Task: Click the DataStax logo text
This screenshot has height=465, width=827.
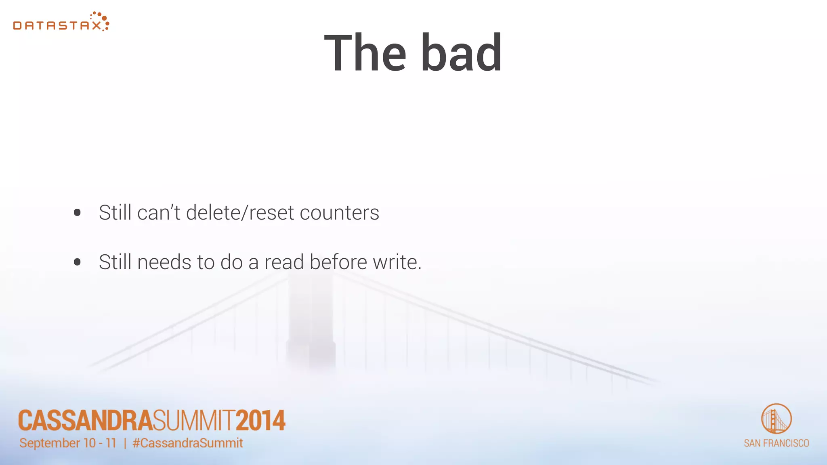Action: point(57,26)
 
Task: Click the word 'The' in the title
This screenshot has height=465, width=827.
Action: point(365,53)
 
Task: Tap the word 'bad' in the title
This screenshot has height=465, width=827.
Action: point(462,53)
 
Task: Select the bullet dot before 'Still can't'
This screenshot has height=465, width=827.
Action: point(78,213)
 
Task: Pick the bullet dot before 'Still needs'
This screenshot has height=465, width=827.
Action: point(78,262)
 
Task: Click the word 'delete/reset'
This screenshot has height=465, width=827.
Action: point(240,213)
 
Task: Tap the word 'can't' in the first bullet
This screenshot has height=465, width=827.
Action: point(158,213)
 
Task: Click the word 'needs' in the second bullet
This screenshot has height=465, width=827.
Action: point(164,262)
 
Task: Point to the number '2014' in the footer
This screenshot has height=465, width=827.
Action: point(260,421)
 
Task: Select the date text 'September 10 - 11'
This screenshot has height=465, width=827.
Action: point(68,443)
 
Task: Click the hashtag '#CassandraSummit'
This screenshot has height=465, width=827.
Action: point(188,443)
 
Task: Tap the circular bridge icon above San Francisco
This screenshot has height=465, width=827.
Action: point(776,419)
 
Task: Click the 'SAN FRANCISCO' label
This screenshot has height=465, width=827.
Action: point(776,443)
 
